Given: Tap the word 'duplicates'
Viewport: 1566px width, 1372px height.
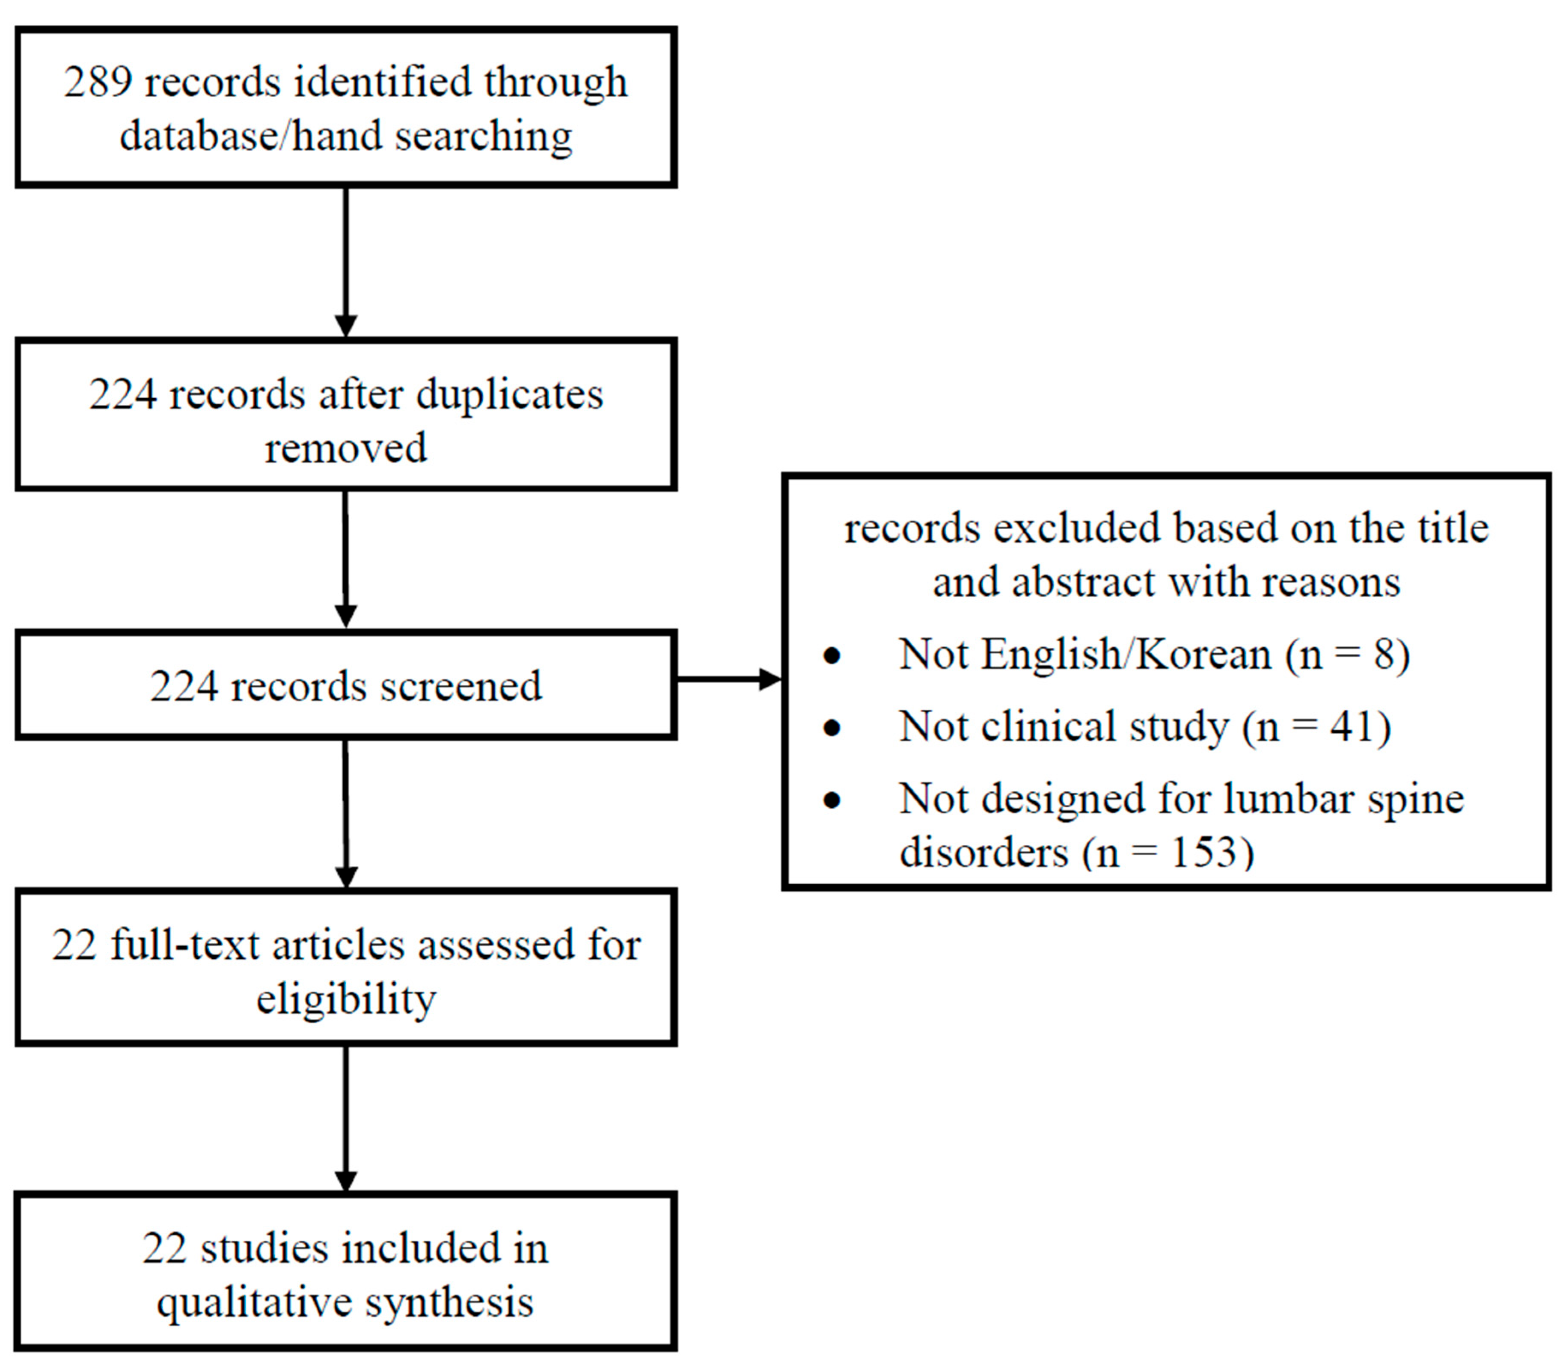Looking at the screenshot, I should pyautogui.click(x=509, y=395).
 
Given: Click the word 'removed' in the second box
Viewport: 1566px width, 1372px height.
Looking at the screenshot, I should pyautogui.click(x=345, y=448).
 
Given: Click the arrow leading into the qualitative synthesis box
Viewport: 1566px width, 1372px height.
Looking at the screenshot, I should pyautogui.click(x=346, y=1118).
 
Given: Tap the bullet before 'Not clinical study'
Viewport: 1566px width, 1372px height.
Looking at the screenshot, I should pyautogui.click(x=832, y=727).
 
